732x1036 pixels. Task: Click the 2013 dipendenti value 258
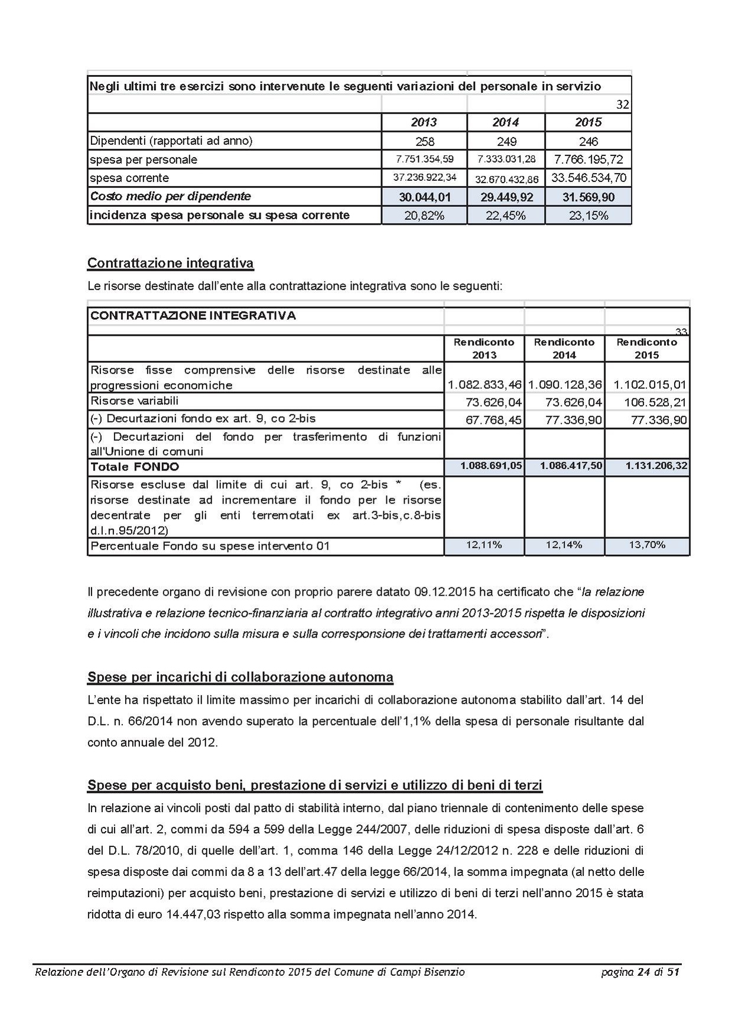point(424,141)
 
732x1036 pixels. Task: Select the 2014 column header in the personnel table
point(506,122)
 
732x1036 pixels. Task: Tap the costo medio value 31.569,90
point(588,197)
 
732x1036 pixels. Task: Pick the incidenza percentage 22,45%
point(506,216)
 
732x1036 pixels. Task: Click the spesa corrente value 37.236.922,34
point(424,178)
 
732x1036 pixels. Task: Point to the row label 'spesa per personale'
point(144,160)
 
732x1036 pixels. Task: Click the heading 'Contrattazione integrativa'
point(171,263)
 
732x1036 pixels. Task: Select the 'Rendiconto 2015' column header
point(646,348)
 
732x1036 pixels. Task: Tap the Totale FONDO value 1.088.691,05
point(491,466)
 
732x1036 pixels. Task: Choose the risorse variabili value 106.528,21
point(655,402)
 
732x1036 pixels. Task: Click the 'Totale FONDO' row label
point(135,467)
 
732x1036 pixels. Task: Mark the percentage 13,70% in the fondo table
point(647,545)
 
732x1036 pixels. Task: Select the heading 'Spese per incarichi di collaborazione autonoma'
point(240,677)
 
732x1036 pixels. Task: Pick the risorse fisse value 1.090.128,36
point(565,385)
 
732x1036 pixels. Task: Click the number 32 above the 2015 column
point(623,105)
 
